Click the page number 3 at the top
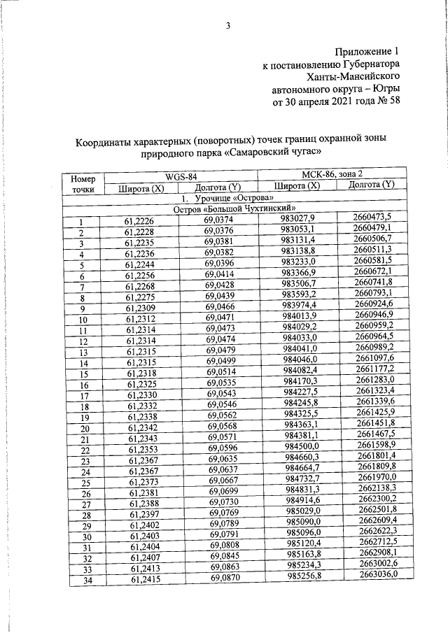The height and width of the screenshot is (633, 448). click(229, 27)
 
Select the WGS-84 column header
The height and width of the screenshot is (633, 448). click(181, 176)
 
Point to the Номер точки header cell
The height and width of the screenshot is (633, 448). click(84, 184)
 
